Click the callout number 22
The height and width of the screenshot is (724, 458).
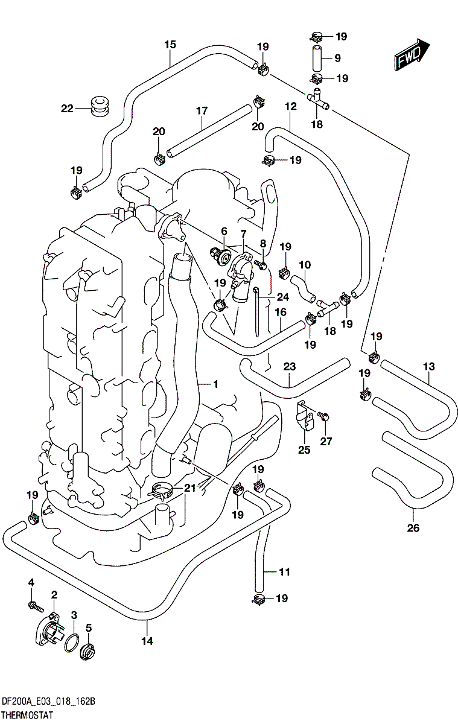coord(66,109)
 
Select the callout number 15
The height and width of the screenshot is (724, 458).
coord(170,45)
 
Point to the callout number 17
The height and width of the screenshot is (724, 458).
coord(202,110)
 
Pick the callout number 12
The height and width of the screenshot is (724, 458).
coord(291,106)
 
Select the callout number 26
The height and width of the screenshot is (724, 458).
coord(413,529)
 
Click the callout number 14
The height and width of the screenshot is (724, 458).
coord(147,641)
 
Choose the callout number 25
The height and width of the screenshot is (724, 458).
coord(304,449)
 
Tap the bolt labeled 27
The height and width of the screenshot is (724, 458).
coord(321,416)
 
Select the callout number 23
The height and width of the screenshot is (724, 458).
coord(290,366)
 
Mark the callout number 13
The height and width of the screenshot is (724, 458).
coord(428,366)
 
